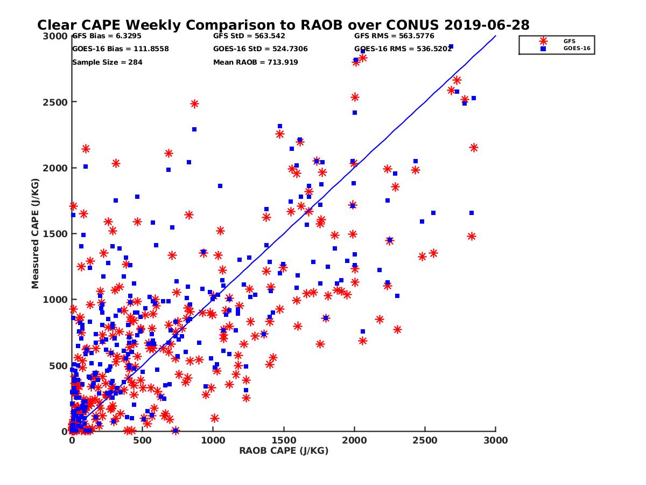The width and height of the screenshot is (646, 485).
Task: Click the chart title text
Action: coord(283,25)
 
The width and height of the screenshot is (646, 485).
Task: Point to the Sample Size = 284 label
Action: coord(107,63)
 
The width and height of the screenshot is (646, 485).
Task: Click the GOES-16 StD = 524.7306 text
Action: coord(261,49)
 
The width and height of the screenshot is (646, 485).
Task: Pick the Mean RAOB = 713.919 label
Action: coord(256,63)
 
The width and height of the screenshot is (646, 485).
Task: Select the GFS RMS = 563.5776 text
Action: coord(394,36)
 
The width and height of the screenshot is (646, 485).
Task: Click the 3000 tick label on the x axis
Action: coord(495,440)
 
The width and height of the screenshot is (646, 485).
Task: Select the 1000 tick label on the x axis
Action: coord(213,440)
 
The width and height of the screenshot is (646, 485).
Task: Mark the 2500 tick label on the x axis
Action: coord(425,440)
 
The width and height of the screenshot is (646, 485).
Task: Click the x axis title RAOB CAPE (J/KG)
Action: coord(284,451)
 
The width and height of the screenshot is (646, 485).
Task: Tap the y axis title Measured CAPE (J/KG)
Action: coord(36,234)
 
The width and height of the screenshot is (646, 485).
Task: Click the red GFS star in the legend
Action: coord(543,41)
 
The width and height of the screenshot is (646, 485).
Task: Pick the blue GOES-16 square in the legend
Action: coord(543,48)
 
